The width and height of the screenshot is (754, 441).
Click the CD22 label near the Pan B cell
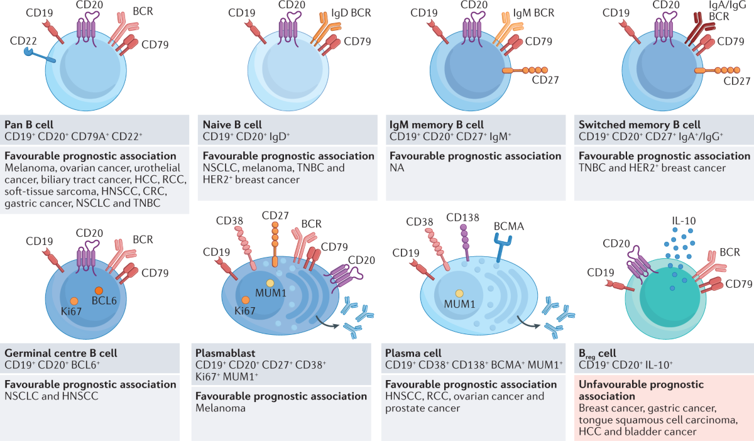coord(23,41)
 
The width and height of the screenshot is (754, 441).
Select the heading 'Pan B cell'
coord(33,124)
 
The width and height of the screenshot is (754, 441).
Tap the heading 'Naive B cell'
coord(231,124)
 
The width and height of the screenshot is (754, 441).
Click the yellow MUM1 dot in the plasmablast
coord(270,283)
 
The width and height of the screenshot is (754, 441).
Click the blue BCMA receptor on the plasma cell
coord(502,251)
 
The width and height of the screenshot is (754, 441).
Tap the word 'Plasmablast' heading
coord(226,353)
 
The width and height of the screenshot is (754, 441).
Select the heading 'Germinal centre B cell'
coord(60,353)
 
